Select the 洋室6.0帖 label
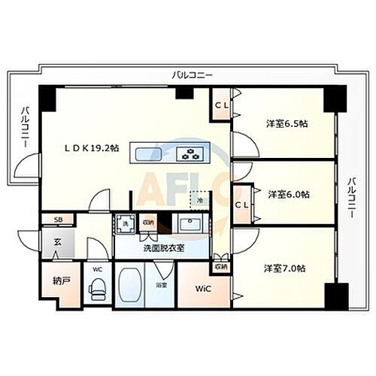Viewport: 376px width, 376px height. coord(288,194)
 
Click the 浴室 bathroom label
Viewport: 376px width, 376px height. coord(161,286)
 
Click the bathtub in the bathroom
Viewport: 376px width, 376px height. coord(132,284)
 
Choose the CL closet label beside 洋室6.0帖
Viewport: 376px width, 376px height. coord(243,204)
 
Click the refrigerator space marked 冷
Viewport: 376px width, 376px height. coord(200,201)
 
